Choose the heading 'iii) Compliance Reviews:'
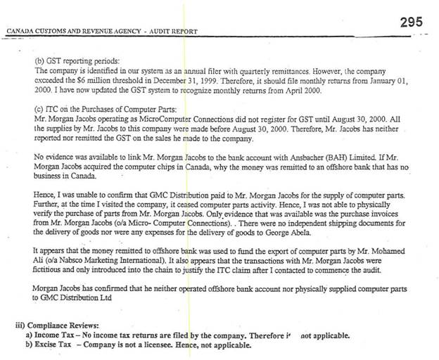click(58, 326)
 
